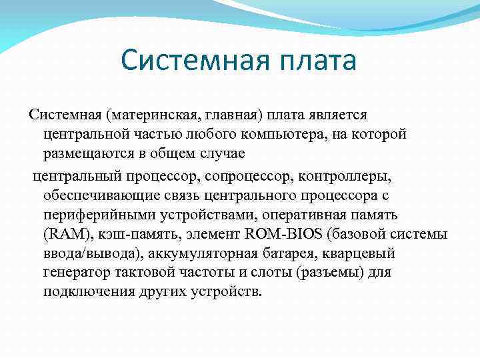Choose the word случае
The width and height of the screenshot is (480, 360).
pos(223,154)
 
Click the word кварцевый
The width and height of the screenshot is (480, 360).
pos(363,253)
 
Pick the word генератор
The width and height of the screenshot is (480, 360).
pos(74,272)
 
